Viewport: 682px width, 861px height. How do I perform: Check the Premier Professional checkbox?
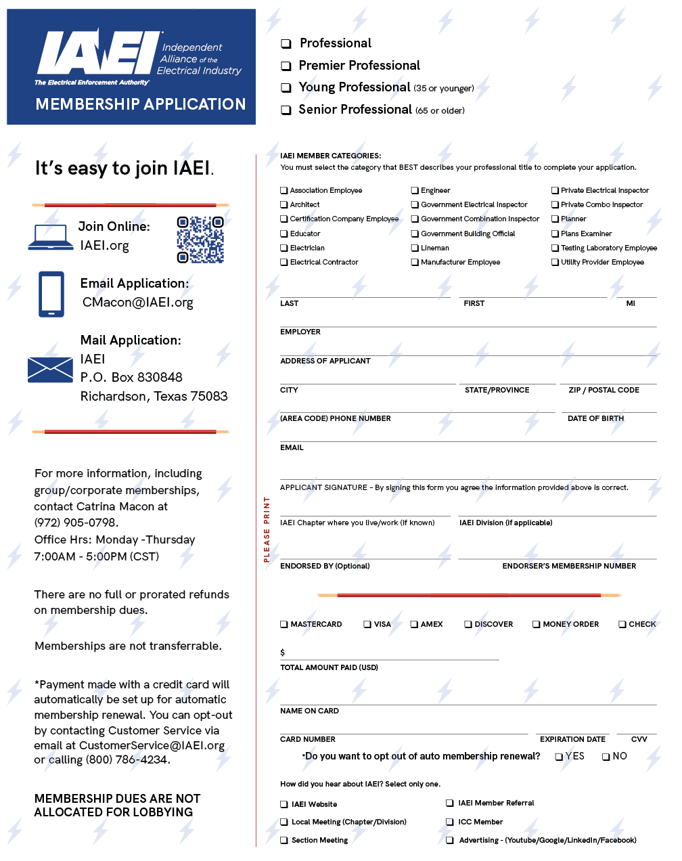tap(286, 66)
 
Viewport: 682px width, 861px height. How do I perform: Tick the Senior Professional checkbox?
tap(286, 110)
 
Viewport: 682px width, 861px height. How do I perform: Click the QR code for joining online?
tap(200, 240)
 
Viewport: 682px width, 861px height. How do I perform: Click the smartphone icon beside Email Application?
tap(51, 294)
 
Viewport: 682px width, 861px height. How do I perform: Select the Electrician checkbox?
tap(284, 248)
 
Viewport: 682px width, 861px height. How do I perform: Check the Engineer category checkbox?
tap(415, 190)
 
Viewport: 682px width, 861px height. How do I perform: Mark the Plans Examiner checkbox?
tap(555, 234)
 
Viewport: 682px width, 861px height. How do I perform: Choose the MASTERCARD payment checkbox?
tap(284, 624)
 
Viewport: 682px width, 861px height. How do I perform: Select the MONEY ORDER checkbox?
tap(536, 624)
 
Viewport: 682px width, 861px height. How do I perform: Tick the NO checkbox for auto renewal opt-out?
tap(606, 757)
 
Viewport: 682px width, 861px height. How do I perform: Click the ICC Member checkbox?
tap(450, 822)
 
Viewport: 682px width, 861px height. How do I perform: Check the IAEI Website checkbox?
tap(284, 804)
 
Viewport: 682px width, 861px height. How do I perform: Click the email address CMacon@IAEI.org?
tap(138, 303)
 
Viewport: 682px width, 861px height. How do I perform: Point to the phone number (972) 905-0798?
tap(76, 523)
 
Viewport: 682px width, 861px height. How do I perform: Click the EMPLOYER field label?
tap(300, 332)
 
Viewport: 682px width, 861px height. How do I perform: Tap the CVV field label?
tap(639, 739)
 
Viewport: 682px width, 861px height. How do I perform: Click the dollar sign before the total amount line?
tap(283, 653)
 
